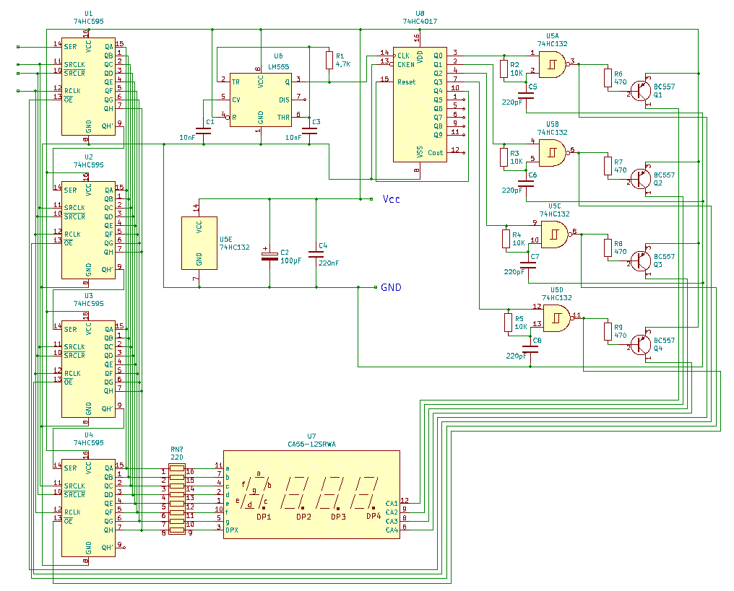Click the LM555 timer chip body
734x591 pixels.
coord(261,100)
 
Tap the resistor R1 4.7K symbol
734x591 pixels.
coord(329,60)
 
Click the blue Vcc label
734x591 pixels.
coord(391,199)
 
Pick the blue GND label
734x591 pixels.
coord(391,287)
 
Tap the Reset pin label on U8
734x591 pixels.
coord(406,82)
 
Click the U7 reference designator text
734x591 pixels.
coord(311,436)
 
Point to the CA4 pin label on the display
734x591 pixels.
coord(392,530)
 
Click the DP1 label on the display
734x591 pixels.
coord(264,517)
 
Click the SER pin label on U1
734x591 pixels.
coord(70,47)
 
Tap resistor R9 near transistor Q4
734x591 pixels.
coord(608,331)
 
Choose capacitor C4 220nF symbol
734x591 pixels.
coord(316,254)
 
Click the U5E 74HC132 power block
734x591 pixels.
coord(199,243)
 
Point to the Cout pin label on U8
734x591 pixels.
coord(435,152)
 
